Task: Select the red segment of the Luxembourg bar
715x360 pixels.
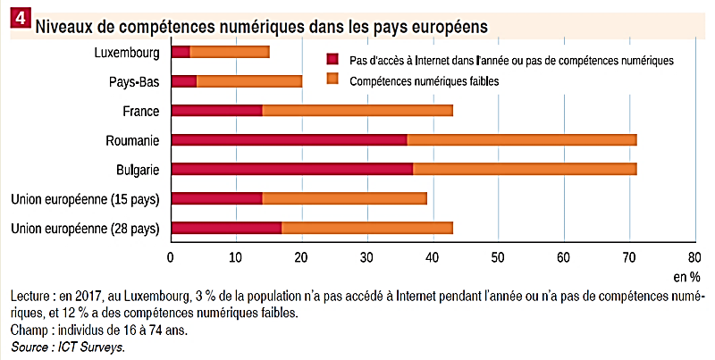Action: click(x=181, y=52)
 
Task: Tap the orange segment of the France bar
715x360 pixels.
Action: click(x=357, y=111)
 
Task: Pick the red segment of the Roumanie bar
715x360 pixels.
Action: click(x=289, y=139)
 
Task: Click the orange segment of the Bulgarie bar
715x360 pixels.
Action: click(x=524, y=169)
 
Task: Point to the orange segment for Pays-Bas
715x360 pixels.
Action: click(x=249, y=81)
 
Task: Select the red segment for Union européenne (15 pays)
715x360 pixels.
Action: click(x=216, y=198)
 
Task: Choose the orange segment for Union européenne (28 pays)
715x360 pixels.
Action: click(x=367, y=228)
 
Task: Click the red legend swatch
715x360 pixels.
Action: click(x=333, y=59)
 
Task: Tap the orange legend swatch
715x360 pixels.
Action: click(x=333, y=80)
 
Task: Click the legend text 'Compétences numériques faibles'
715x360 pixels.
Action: click(x=424, y=81)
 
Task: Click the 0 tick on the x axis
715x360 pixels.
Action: click(x=171, y=258)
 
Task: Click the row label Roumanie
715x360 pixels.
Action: click(x=132, y=140)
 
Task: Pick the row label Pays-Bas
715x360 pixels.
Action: click(x=134, y=81)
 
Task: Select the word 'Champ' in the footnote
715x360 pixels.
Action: click(x=29, y=331)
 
